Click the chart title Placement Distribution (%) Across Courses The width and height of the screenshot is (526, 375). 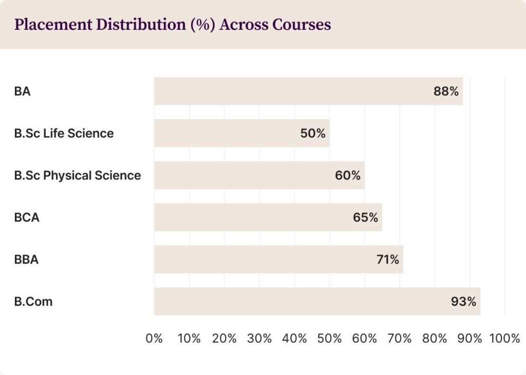tap(173, 25)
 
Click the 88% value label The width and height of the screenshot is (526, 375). tap(446, 91)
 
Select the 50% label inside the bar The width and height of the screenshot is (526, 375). tap(313, 134)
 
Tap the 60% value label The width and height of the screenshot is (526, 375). tap(348, 176)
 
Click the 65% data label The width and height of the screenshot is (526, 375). tap(365, 217)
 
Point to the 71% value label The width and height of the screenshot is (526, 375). tap(388, 259)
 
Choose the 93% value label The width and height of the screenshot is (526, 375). tap(463, 302)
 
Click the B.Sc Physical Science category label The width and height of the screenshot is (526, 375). tap(78, 176)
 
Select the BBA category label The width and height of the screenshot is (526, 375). tap(26, 259)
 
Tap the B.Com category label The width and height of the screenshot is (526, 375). tap(33, 302)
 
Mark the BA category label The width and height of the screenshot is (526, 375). tap(23, 91)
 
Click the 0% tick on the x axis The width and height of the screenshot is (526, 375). tap(154, 339)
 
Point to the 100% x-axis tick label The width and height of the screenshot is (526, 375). tap(504, 339)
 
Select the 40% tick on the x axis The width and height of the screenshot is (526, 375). tap(295, 339)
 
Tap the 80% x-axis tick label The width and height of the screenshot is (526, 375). tap(435, 339)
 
